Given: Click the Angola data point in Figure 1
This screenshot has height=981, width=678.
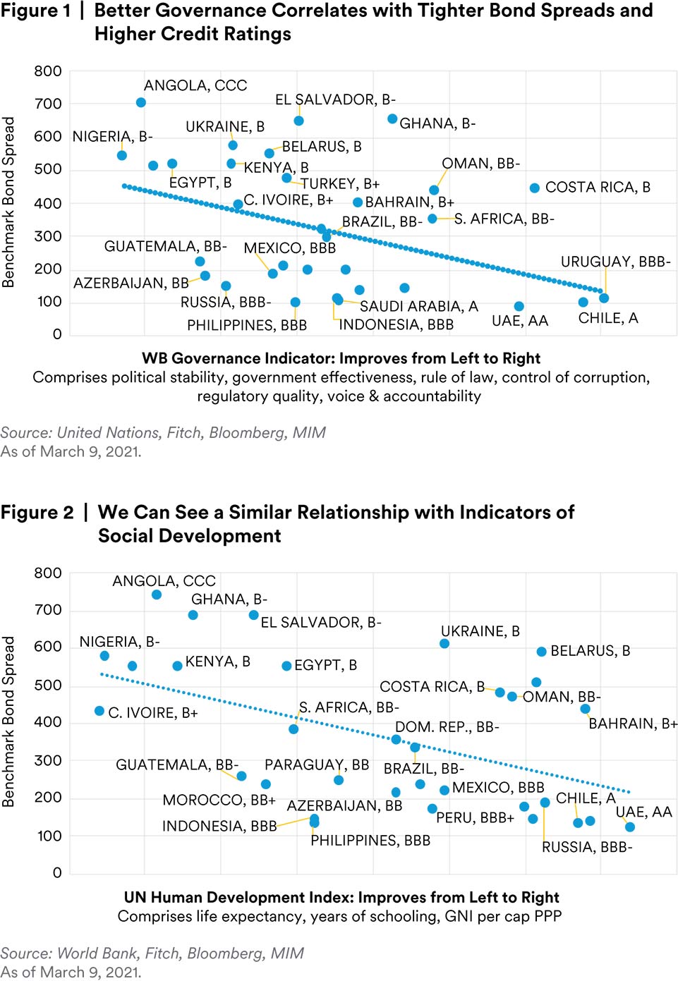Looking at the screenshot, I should [141, 102].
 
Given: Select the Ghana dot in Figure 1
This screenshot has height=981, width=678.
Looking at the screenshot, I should [392, 118].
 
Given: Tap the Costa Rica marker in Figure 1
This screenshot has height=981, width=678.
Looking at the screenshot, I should [535, 188].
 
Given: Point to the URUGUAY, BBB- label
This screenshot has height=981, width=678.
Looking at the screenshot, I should [615, 262].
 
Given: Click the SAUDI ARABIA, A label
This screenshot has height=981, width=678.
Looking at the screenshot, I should [418, 306].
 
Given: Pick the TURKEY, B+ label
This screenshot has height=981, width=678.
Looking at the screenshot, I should [340, 184].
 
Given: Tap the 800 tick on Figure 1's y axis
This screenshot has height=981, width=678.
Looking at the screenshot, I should [48, 71].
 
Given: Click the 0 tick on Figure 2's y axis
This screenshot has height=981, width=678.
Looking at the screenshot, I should [57, 872].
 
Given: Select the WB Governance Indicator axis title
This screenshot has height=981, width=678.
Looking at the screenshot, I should [341, 358].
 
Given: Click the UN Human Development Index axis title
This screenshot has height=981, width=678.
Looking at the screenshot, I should [341, 897].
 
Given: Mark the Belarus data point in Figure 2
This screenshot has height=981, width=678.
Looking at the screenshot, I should [541, 652].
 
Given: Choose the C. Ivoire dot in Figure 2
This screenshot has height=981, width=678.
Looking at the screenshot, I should [99, 711].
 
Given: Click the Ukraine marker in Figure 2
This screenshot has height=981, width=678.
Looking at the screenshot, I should [444, 643].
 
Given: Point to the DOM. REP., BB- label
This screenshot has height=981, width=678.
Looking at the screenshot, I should [447, 727].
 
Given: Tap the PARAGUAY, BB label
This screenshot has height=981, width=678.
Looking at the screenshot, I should [317, 764].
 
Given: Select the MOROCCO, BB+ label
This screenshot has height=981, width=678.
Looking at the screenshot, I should [219, 800].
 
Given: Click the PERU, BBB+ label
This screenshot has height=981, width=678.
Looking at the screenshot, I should [475, 817].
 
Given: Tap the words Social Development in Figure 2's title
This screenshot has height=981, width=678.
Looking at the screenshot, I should [189, 536].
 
